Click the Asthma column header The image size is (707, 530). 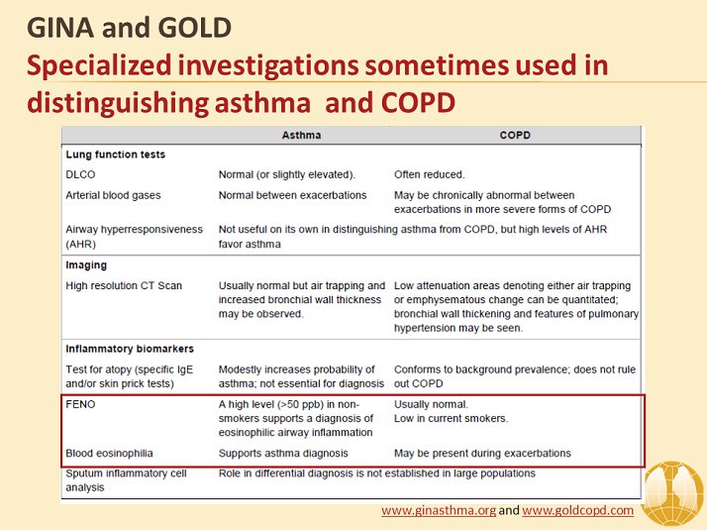pyautogui.click(x=301, y=136)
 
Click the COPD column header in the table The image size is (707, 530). pyautogui.click(x=515, y=136)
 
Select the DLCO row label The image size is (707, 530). pyautogui.click(x=80, y=174)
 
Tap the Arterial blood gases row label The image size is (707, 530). pyautogui.click(x=113, y=195)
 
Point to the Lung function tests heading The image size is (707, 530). pyautogui.click(x=116, y=155)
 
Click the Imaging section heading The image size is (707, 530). pyautogui.click(x=86, y=265)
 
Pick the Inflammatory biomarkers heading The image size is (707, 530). pyautogui.click(x=130, y=349)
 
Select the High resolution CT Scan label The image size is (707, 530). pyautogui.click(x=124, y=285)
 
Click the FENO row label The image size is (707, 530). pyautogui.click(x=80, y=404)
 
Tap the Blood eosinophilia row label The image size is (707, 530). pyautogui.click(x=109, y=453)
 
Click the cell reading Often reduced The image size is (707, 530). pyautogui.click(x=430, y=174)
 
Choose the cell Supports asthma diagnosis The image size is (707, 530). pyautogui.click(x=283, y=453)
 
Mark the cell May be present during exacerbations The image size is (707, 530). pyautogui.click(x=482, y=453)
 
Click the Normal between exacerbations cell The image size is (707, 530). pyautogui.click(x=293, y=195)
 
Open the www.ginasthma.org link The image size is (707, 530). pyautogui.click(x=439, y=510)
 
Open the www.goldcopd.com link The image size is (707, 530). pyautogui.click(x=578, y=510)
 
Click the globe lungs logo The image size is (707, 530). pyautogui.click(x=672, y=494)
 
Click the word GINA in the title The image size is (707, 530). pyautogui.click(x=60, y=28)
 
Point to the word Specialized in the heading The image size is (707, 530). pyautogui.click(x=99, y=65)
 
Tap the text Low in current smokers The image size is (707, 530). pyautogui.click(x=451, y=418)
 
